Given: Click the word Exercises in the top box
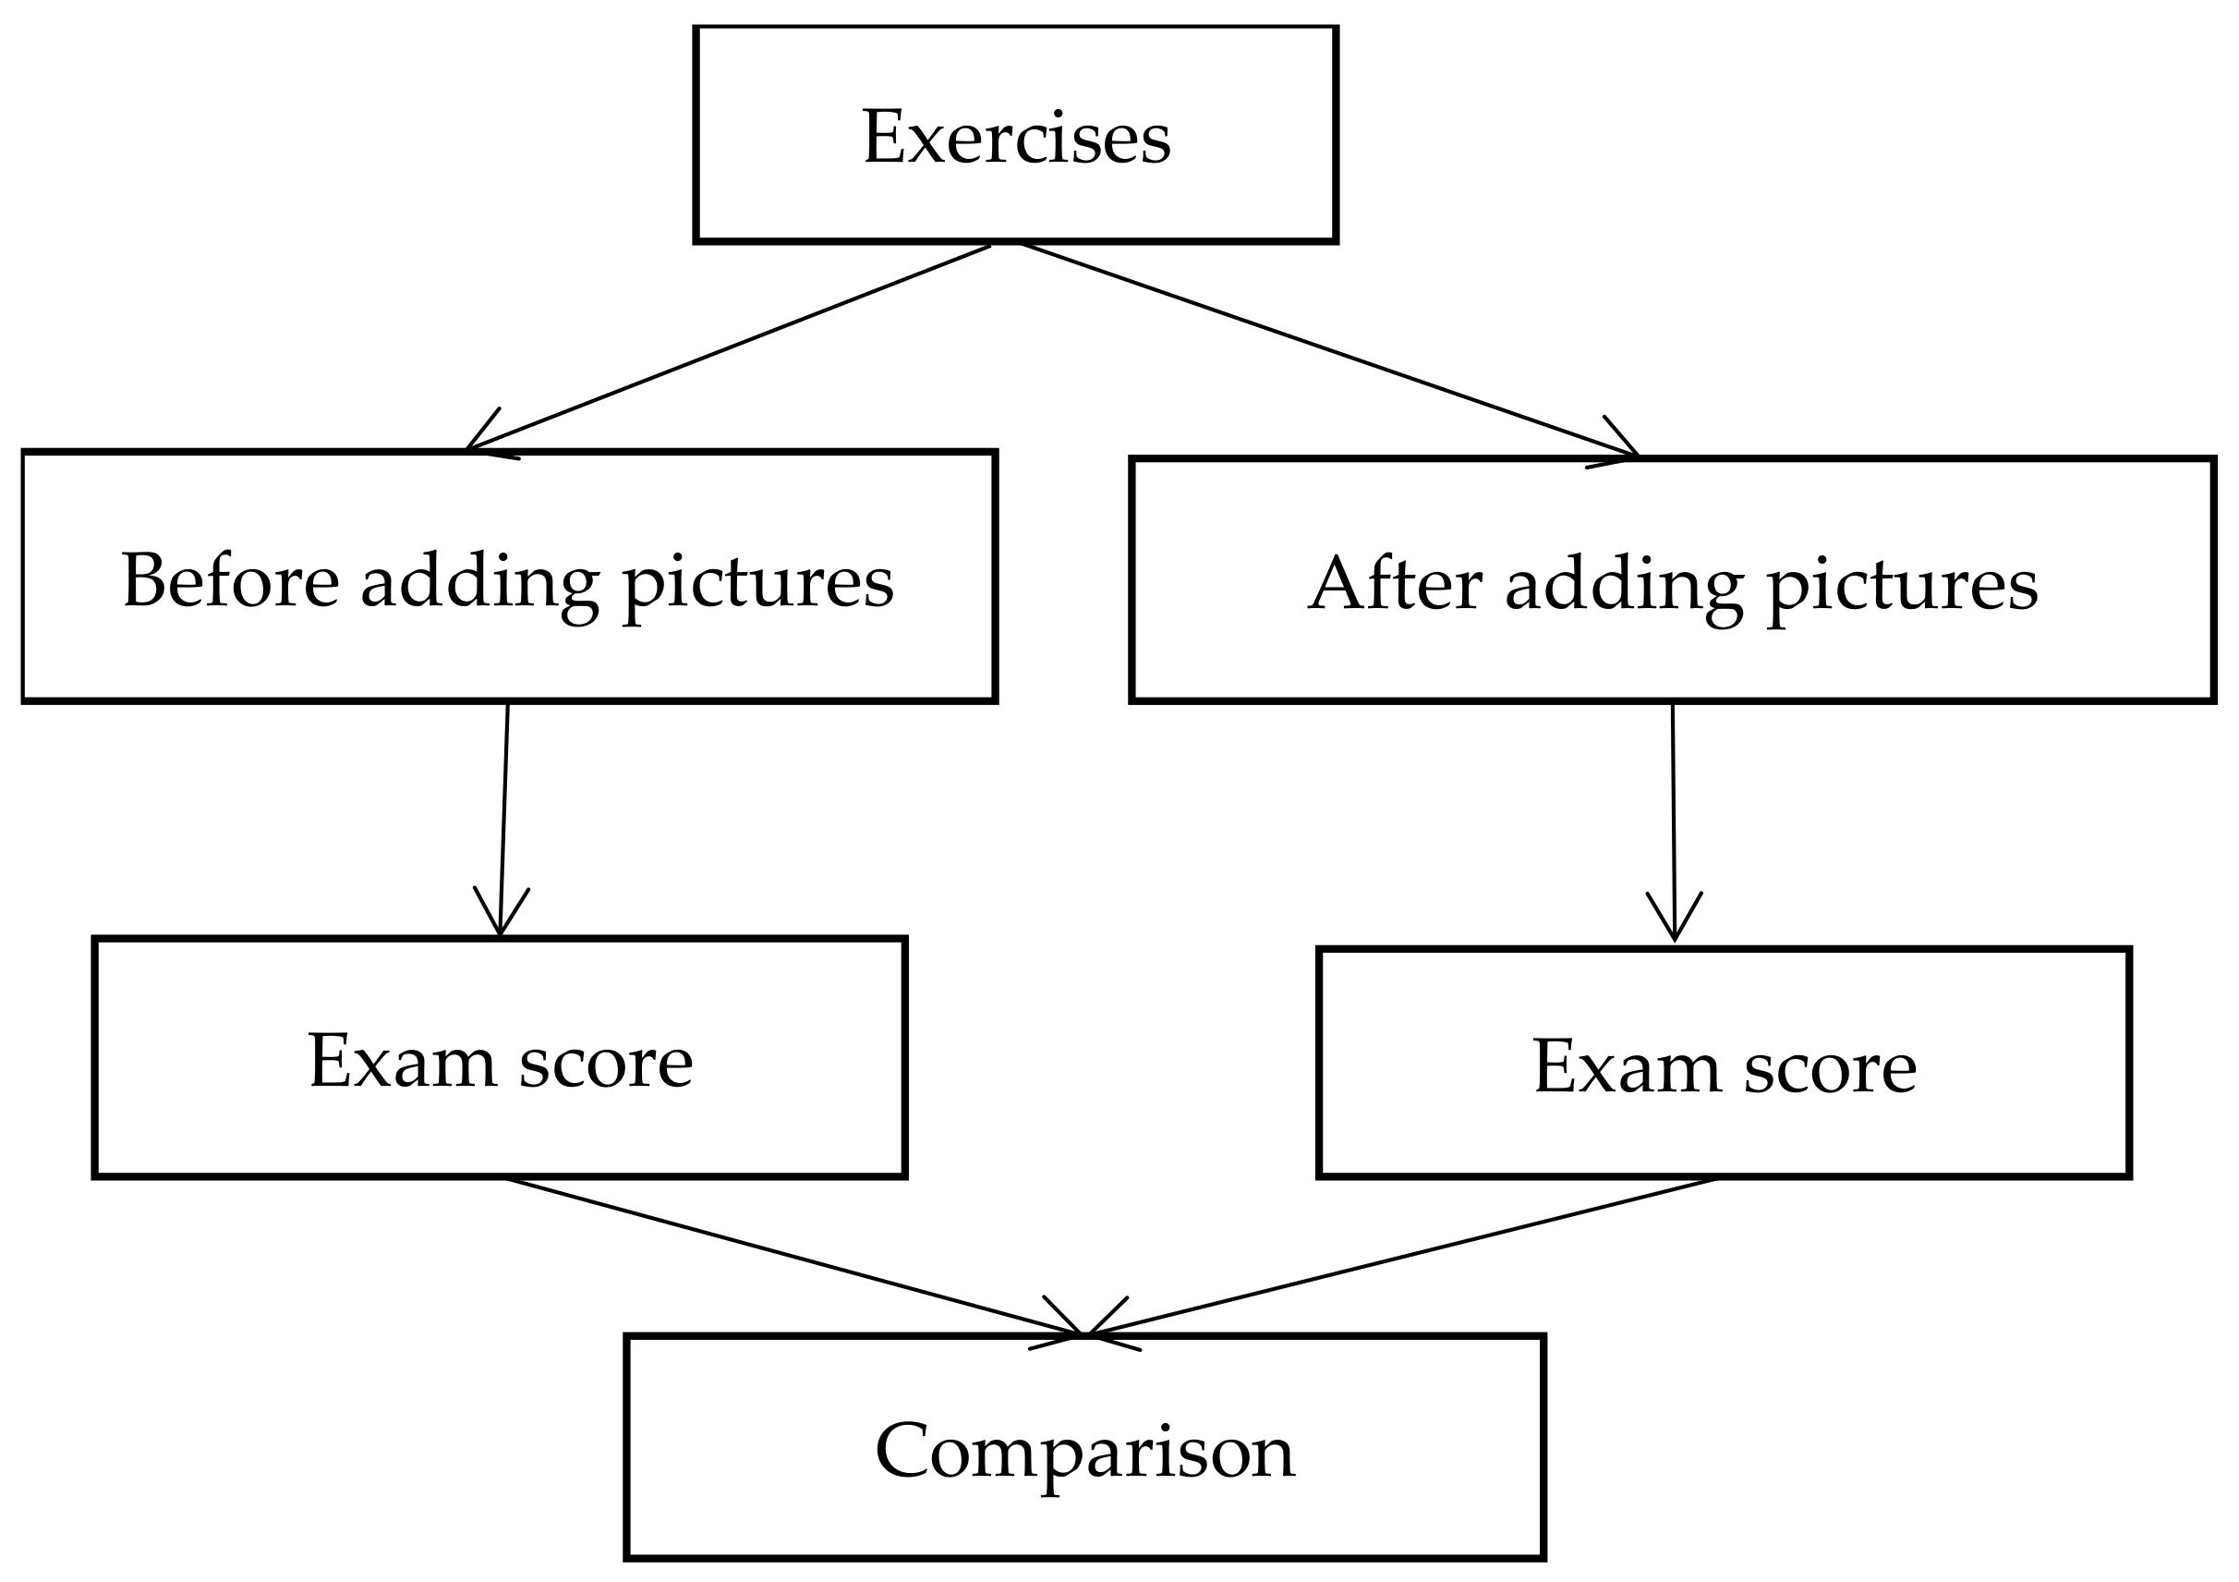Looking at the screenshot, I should pos(1016,138).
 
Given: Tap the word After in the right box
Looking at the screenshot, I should pos(1395,585).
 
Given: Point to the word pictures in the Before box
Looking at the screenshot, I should pos(757,585).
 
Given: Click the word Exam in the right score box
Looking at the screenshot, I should pos(1627,1067).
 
